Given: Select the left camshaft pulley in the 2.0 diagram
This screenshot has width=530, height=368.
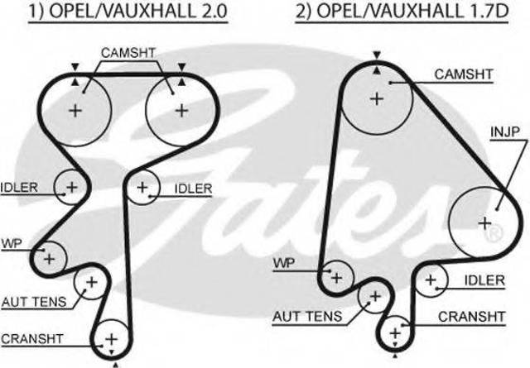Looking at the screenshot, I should (76, 109).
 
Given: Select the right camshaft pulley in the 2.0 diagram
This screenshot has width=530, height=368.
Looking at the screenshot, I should (176, 109).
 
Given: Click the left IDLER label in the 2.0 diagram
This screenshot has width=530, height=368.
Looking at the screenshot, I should (19, 187).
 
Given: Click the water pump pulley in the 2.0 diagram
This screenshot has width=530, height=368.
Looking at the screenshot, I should (50, 258).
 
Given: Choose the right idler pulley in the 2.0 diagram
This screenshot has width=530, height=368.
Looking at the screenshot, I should (143, 189).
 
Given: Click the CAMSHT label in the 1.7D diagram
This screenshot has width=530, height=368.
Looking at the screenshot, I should (465, 74).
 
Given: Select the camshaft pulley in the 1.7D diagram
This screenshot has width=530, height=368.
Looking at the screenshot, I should (377, 98).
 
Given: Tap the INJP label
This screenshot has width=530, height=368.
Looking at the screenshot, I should (503, 131).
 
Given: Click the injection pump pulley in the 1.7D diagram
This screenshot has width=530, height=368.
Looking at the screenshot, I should (484, 222).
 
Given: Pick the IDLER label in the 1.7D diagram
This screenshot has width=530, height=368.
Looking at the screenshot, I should (484, 280).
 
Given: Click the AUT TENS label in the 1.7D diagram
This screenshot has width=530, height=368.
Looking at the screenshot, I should (306, 316).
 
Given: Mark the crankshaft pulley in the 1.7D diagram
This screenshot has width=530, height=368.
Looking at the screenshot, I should (395, 331).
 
